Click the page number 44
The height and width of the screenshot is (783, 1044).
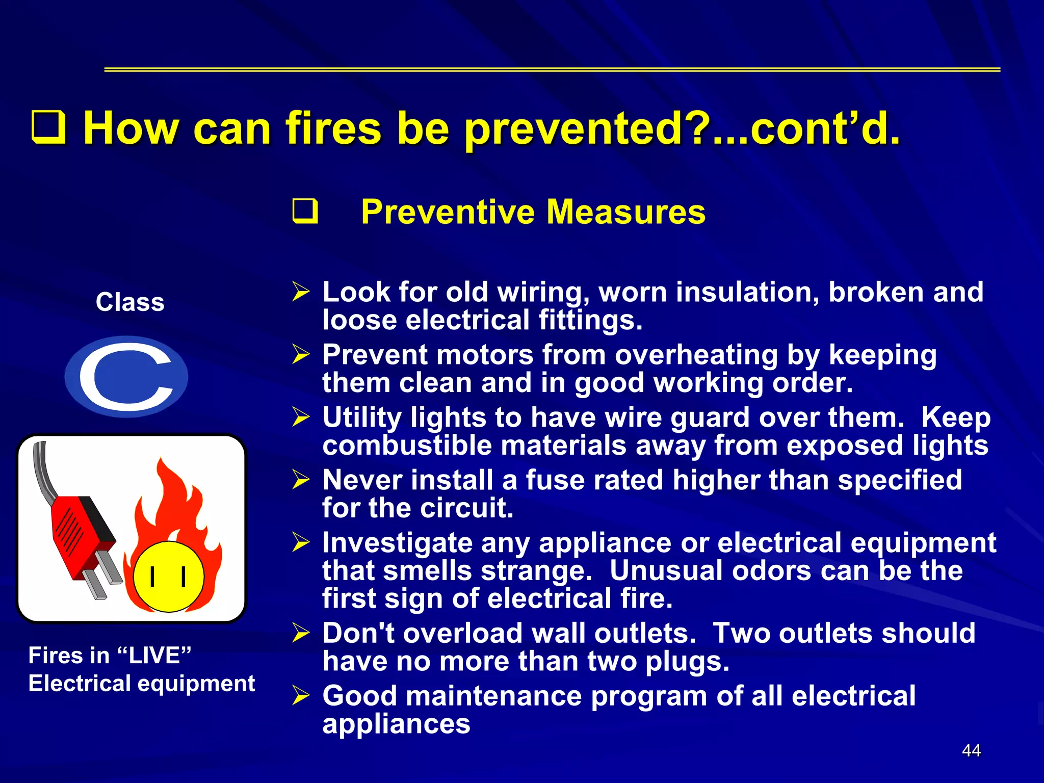tap(971, 750)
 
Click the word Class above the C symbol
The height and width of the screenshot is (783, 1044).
tap(130, 302)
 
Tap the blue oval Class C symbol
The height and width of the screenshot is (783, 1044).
tap(126, 377)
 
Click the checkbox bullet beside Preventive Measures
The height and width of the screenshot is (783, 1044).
tap(305, 212)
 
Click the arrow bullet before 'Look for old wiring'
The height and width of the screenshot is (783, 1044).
tap(301, 292)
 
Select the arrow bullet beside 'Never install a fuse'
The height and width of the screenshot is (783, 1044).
tap(301, 480)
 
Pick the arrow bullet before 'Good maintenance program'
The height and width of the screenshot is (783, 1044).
tap(301, 695)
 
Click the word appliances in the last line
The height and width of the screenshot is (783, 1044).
tap(396, 724)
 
